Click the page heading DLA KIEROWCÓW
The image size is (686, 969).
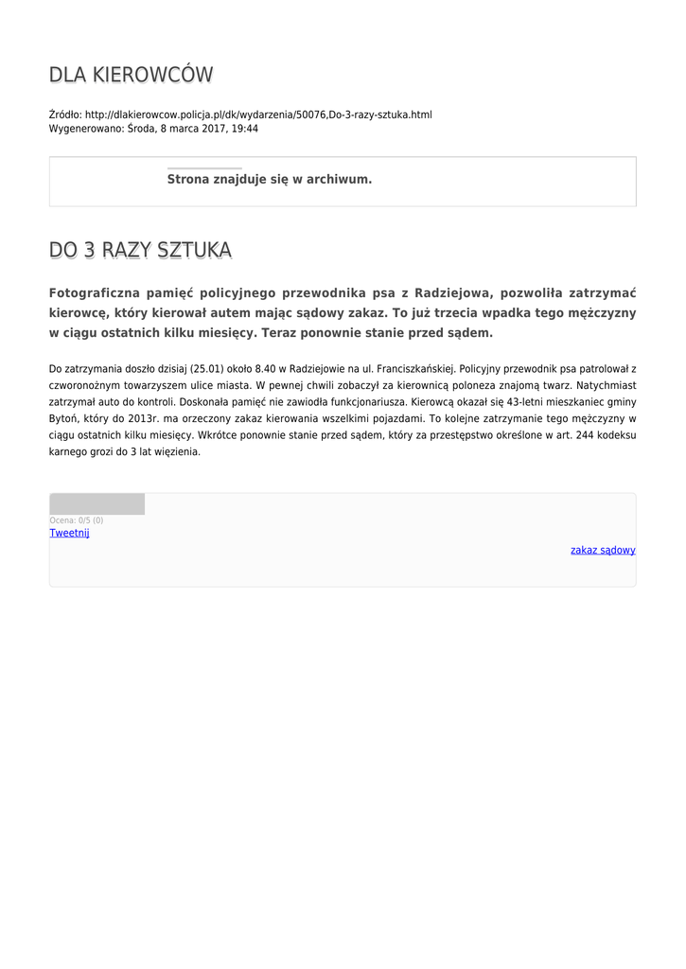click(x=131, y=75)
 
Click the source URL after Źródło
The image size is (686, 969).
click(x=258, y=115)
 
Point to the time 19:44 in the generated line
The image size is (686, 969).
click(x=245, y=129)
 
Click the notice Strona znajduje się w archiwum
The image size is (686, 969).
click(x=270, y=179)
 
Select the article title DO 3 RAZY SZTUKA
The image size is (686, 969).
click(x=140, y=251)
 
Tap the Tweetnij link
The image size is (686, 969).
click(x=69, y=533)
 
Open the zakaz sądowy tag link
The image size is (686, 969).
click(x=603, y=550)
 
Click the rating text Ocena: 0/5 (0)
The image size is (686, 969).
click(x=77, y=520)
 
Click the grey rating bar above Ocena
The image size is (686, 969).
click(x=97, y=504)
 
